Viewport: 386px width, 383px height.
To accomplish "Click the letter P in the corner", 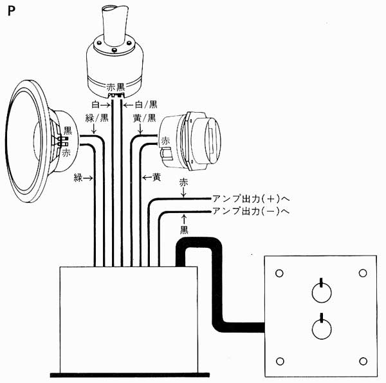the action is (12, 11).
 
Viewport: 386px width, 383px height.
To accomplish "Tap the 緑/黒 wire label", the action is (96, 118).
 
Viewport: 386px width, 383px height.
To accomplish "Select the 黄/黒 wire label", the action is (145, 118).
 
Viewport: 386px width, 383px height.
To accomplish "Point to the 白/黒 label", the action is (146, 105).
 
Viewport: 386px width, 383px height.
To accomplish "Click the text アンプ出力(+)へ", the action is (251, 199).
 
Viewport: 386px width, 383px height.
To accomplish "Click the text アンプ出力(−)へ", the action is (251, 211).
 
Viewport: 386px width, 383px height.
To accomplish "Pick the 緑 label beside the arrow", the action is (78, 178).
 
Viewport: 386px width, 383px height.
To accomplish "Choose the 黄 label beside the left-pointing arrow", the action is (156, 177).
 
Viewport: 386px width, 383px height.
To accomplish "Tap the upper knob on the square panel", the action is (322, 291).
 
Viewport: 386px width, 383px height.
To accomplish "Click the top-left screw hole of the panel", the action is (279, 273).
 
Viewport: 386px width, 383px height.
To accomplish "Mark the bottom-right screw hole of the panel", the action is (363, 361).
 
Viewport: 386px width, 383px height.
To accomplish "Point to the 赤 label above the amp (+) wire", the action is (183, 183).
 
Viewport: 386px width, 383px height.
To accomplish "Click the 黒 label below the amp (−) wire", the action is (184, 230).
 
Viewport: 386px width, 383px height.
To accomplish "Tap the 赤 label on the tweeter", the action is (165, 141).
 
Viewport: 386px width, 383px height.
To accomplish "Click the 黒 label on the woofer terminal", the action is (68, 131).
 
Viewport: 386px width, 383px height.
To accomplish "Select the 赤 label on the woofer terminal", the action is (66, 153).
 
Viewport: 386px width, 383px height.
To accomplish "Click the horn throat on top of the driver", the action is (115, 24).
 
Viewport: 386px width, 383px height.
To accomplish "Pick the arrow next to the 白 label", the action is (105, 105).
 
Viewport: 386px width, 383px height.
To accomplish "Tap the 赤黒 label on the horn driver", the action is (116, 87).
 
